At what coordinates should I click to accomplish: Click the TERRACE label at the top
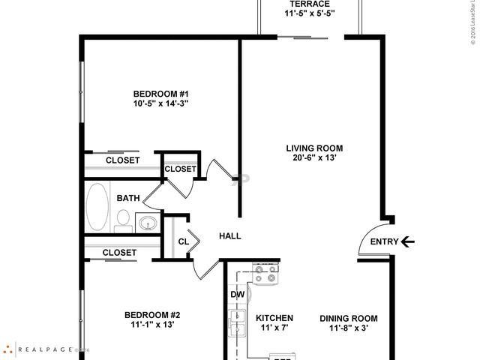pos(308,4)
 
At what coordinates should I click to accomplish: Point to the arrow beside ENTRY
pos(408,241)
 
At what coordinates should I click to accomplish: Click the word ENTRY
pos(385,241)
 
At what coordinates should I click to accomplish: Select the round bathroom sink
pos(148,223)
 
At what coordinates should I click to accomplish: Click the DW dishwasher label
pos(238,295)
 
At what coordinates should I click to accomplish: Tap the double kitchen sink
pos(238,325)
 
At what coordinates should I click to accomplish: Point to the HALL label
pos(229,236)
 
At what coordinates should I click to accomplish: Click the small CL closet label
pos(184,241)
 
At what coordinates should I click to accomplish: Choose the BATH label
pos(127,199)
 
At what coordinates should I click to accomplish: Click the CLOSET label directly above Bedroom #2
pos(119,253)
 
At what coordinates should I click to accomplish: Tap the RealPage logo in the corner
pos(45,349)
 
